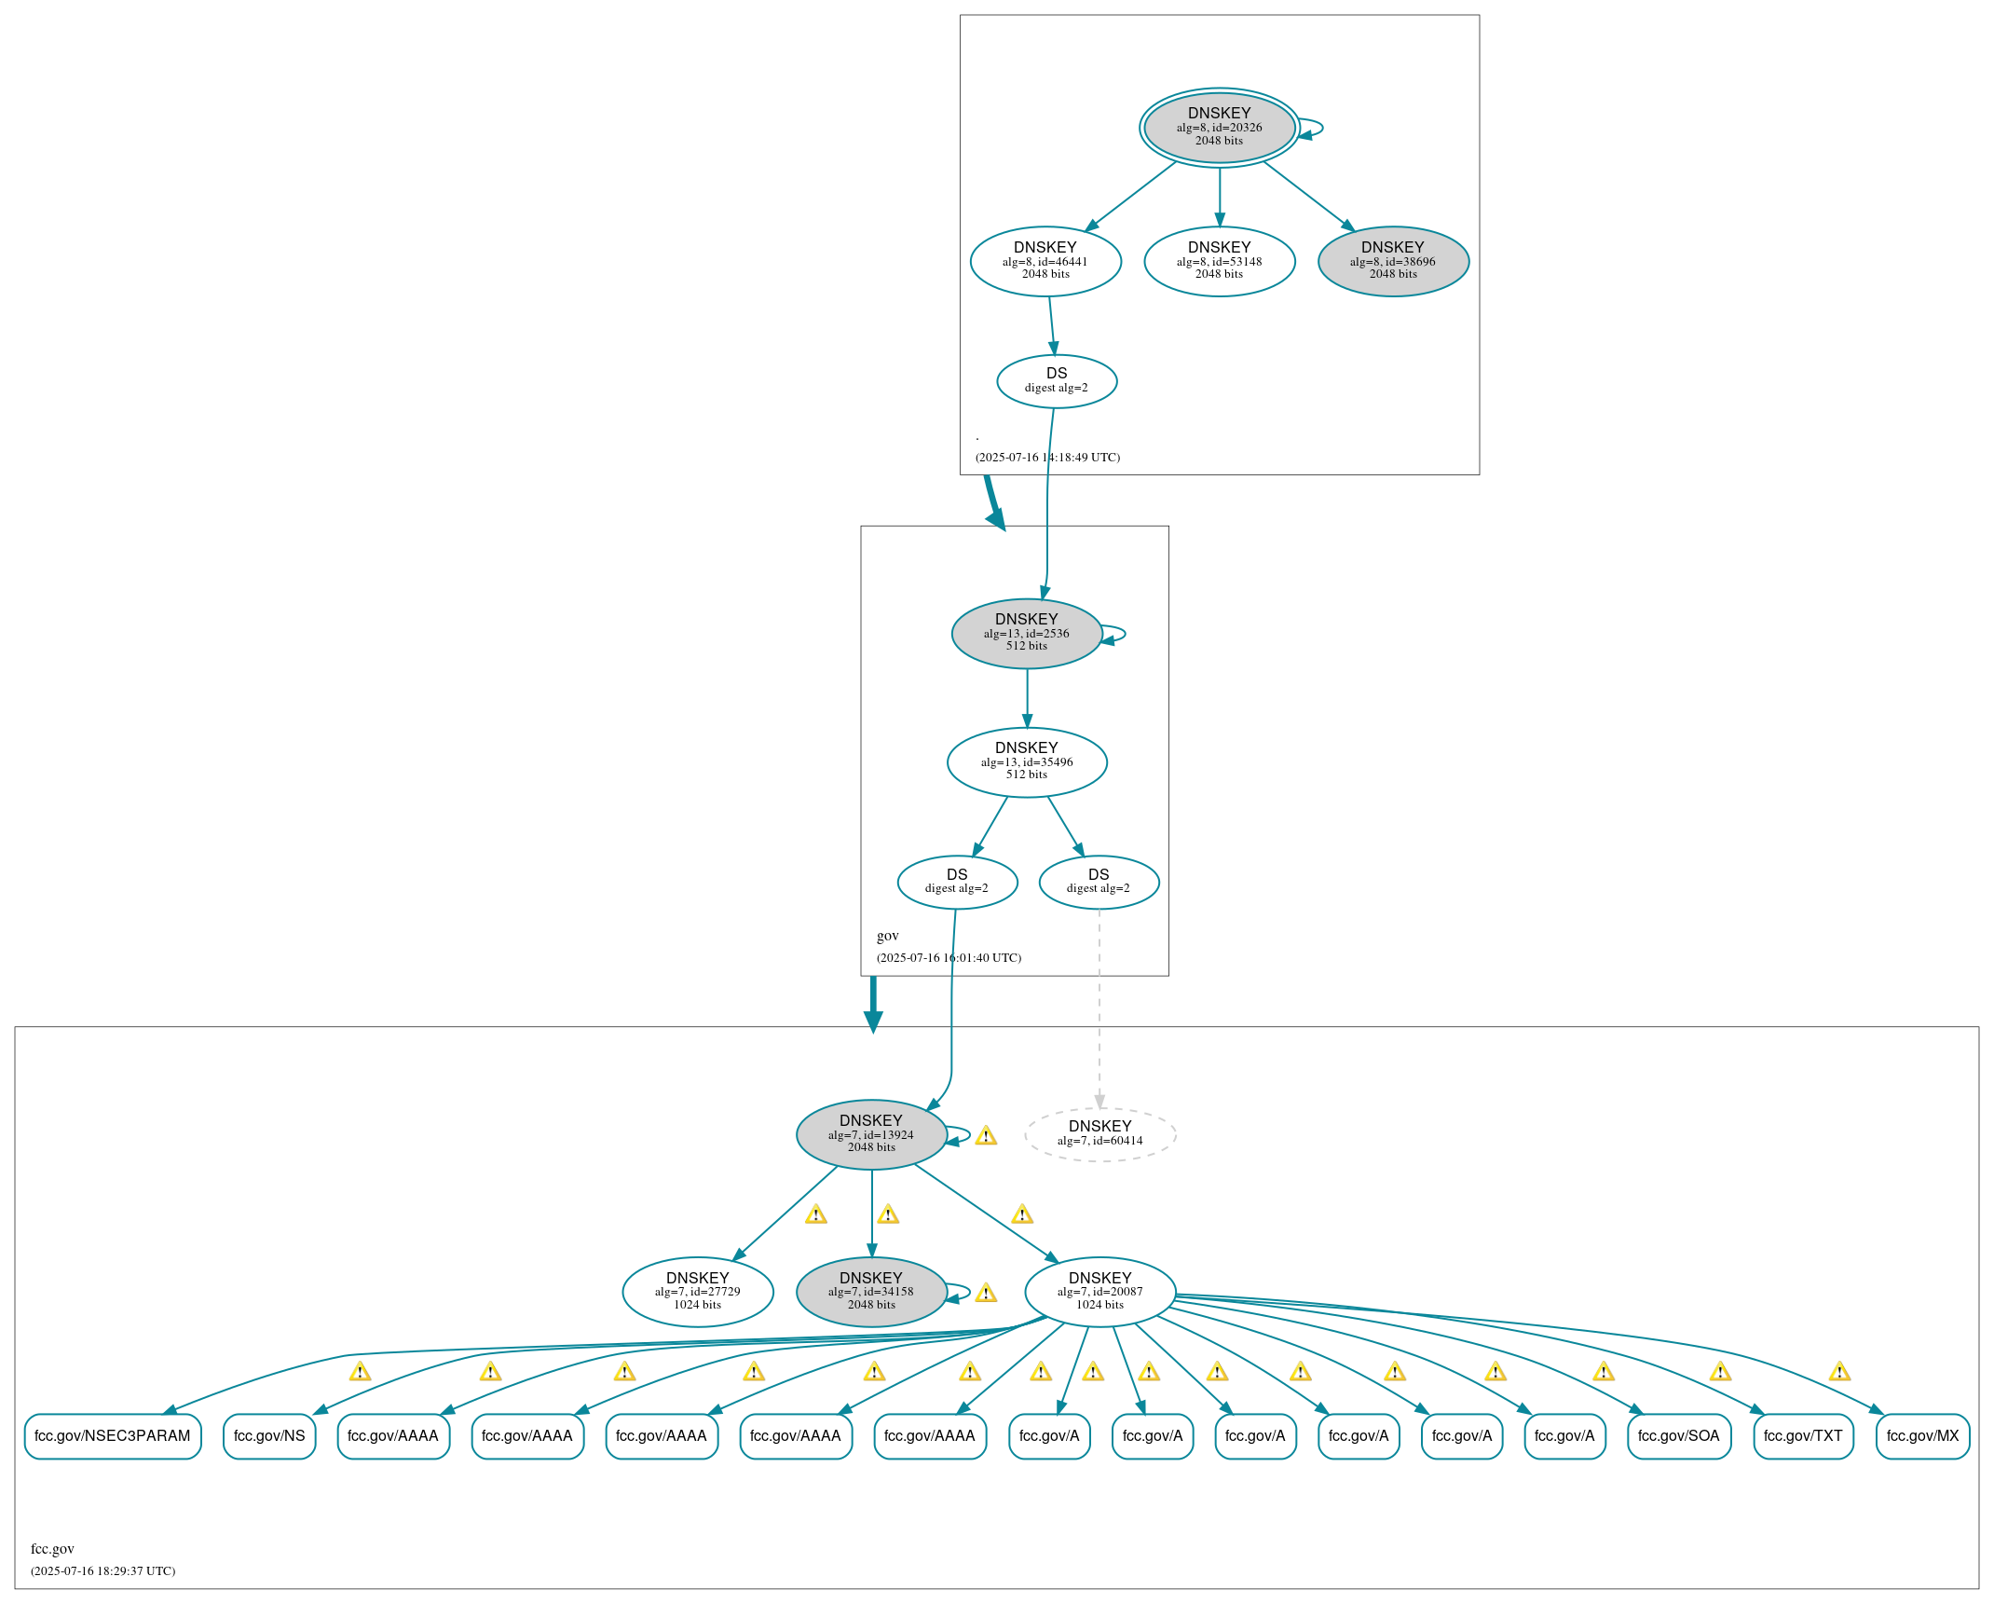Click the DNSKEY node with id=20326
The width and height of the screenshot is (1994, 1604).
pyautogui.click(x=1219, y=128)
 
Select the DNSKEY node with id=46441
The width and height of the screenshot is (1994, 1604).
pyautogui.click(x=1045, y=262)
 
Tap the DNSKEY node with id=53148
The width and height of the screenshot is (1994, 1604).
pyautogui.click(x=1219, y=262)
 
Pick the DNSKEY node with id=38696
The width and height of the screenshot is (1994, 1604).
pyautogui.click(x=1393, y=262)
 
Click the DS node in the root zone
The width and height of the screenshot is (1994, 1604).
pyautogui.click(x=1057, y=381)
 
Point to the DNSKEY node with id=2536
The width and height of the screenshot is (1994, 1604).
pyautogui.click(x=1027, y=634)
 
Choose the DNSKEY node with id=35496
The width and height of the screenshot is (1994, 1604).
pyautogui.click(x=1027, y=762)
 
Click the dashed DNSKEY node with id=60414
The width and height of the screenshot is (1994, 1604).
pyautogui.click(x=1100, y=1134)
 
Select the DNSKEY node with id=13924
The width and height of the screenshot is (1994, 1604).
pyautogui.click(x=871, y=1134)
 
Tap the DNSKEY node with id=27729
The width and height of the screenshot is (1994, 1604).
pyautogui.click(x=698, y=1292)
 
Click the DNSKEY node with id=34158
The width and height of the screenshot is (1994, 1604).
pyautogui.click(x=871, y=1292)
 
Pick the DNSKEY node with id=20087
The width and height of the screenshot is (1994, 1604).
pyautogui.click(x=1100, y=1292)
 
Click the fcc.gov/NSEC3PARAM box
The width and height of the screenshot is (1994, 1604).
pyautogui.click(x=113, y=1436)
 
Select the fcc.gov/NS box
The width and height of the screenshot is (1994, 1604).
pyautogui.click(x=269, y=1436)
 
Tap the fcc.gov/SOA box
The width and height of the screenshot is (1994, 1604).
pyautogui.click(x=1679, y=1436)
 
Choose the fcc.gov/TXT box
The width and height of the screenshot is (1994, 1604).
pyautogui.click(x=1803, y=1436)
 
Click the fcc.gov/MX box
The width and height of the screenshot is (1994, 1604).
pyautogui.click(x=1922, y=1436)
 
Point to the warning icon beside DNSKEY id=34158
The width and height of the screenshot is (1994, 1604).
pyautogui.click(x=986, y=1294)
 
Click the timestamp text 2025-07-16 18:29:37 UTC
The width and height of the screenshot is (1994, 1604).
pyautogui.click(x=103, y=1571)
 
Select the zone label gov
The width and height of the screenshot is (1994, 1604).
pyautogui.click(x=888, y=936)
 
